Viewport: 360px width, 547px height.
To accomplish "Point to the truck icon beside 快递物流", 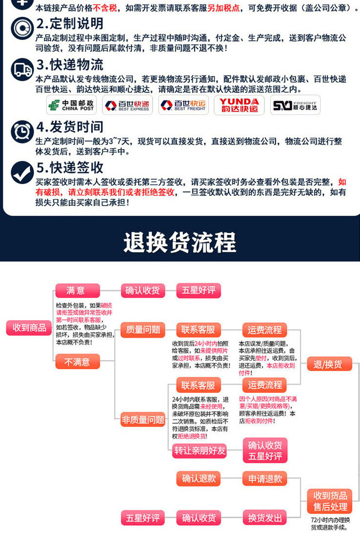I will pos(21,68).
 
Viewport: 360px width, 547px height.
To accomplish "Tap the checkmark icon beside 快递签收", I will pos(21,172).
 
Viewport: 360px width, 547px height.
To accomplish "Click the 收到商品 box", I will pos(30,327).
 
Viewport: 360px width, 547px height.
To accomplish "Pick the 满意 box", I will pos(76,291).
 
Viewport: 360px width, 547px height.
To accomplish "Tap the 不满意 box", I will pos(76,362).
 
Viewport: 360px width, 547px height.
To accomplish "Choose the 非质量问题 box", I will pos(143,419).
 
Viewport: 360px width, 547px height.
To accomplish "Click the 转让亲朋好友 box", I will pos(199,450).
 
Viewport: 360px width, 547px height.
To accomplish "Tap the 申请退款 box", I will pos(265,479).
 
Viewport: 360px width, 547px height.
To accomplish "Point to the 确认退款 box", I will pos(199,479).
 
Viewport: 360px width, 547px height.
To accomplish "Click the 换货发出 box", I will pos(265,518).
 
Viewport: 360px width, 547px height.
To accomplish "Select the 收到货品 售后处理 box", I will pos(329,500).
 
